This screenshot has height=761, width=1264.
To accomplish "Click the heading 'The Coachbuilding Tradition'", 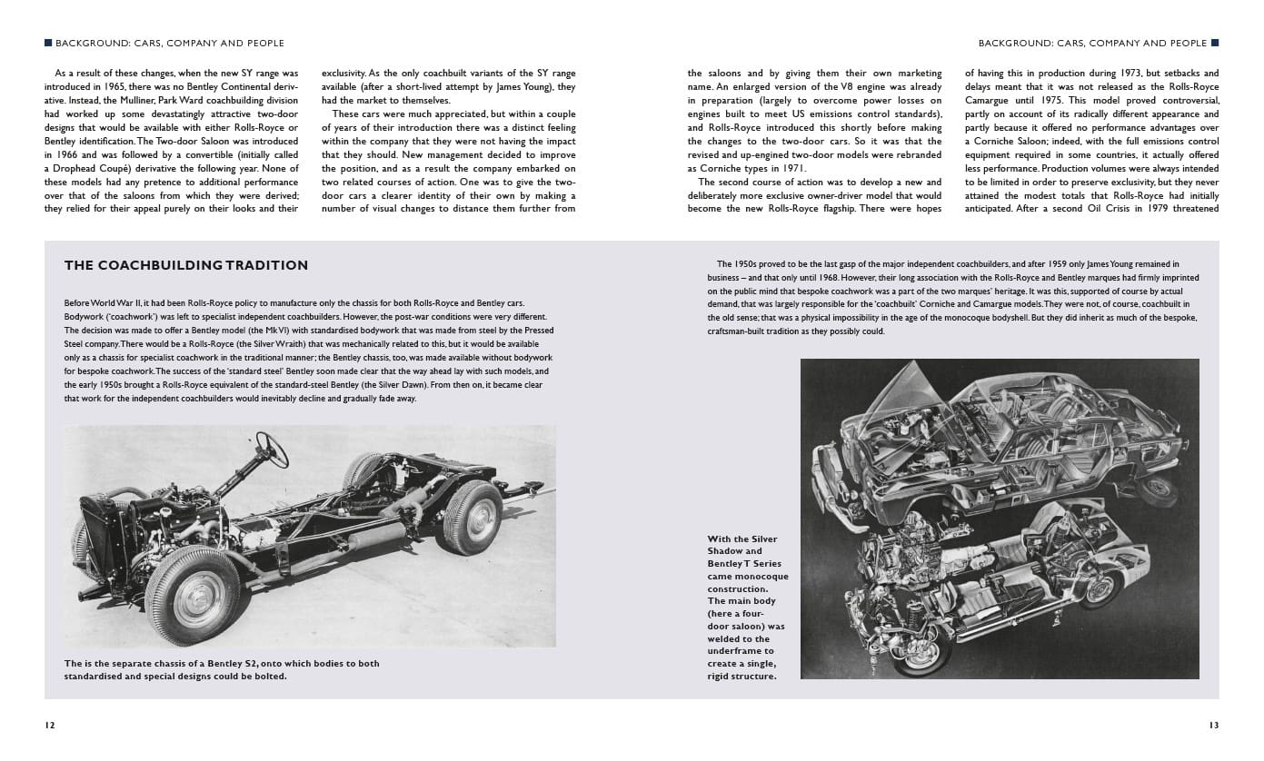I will point(185,265).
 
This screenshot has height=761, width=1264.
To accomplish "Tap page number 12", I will point(49,726).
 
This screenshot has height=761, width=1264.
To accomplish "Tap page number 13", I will point(1213,726).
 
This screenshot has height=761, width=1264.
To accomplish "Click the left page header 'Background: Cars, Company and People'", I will point(170,43).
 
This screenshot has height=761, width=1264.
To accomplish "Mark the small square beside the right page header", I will point(1215,43).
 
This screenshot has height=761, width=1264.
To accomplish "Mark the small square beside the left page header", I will point(48,43).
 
